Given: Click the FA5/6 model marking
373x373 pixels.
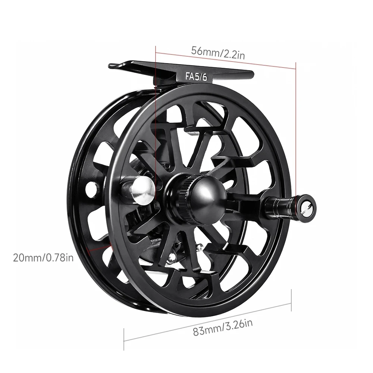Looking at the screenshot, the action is [196, 76].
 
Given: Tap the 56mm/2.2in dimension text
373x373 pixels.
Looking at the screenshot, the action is [218, 53].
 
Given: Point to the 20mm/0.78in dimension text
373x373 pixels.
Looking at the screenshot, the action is [43, 258].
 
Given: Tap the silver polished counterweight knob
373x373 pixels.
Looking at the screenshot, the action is [143, 191].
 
